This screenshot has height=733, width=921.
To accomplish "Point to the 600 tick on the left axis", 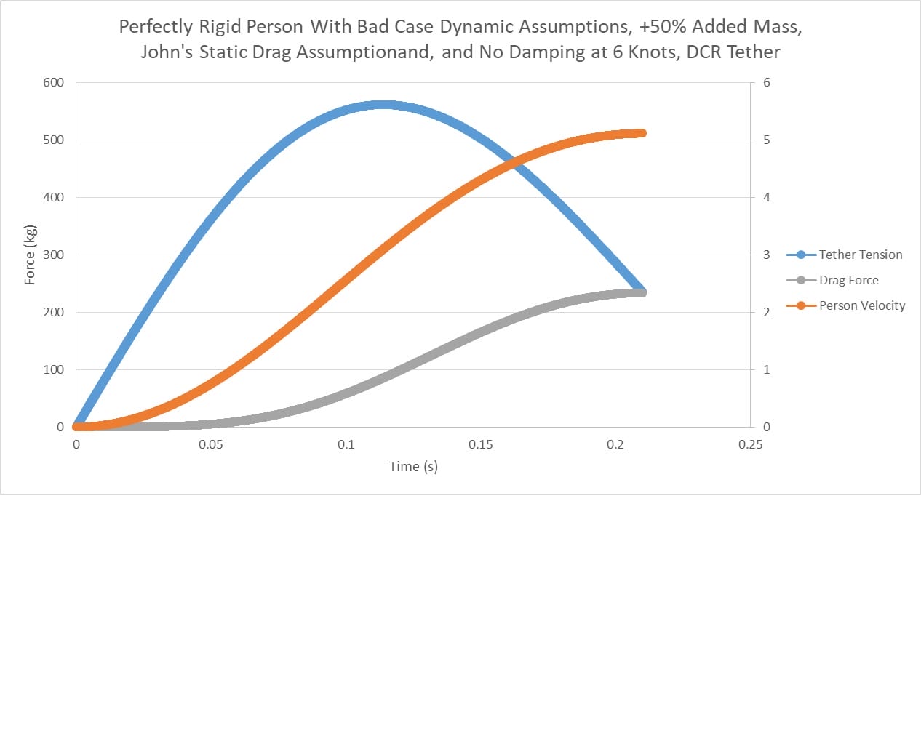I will click(53, 82).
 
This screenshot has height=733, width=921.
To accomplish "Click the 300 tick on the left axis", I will click(53, 255).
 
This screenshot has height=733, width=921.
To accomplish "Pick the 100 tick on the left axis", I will click(53, 369).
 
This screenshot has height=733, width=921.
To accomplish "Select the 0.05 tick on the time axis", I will click(211, 444).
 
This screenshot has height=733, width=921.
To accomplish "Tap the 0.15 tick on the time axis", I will click(480, 444).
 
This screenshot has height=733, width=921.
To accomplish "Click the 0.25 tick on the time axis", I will click(750, 444).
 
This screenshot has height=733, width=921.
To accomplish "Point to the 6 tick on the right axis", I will click(767, 82).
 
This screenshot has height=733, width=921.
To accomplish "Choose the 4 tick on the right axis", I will click(767, 197).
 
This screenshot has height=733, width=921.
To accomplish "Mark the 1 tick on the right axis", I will click(767, 369).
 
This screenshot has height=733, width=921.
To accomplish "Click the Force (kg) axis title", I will click(30, 255).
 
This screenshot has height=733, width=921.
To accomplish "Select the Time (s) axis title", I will click(413, 466).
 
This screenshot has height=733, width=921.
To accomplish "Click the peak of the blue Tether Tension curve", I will click(383, 105).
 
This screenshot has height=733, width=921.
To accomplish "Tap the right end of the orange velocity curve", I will click(642, 133).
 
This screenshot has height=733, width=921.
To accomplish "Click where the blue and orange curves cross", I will click(514, 163).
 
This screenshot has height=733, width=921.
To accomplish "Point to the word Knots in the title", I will click(653, 52).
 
